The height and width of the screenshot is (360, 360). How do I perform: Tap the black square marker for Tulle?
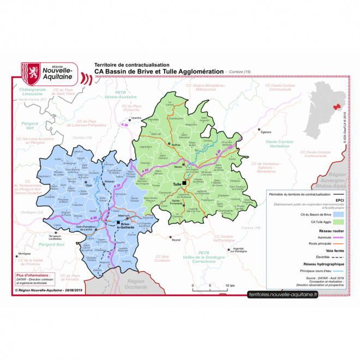[x=185, y=183]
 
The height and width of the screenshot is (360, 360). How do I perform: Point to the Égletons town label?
[x=266, y=133]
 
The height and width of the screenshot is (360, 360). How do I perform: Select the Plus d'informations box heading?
[x=33, y=276]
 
